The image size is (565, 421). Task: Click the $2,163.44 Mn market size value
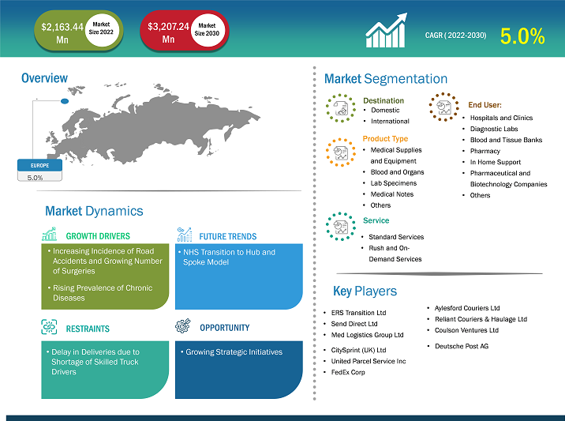click(x=62, y=33)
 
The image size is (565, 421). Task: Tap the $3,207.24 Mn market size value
click(x=168, y=32)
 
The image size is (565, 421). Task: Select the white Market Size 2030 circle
click(x=207, y=29)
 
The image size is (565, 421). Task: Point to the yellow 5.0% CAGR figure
click(x=522, y=36)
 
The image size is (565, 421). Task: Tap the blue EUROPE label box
click(x=39, y=165)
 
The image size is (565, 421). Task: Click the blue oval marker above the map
click(x=65, y=101)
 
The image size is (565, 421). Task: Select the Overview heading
click(x=44, y=78)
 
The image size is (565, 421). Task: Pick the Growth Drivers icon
click(x=50, y=234)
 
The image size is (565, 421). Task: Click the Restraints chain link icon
click(x=49, y=327)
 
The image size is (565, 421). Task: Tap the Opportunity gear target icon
click(x=183, y=325)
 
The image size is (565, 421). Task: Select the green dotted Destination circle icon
click(x=341, y=108)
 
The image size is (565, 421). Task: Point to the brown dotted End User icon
click(x=444, y=107)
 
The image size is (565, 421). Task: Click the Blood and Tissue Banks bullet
click(x=506, y=140)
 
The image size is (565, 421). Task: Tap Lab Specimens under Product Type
click(x=394, y=183)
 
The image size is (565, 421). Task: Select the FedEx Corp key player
click(x=348, y=372)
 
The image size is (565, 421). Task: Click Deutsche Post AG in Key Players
click(x=462, y=346)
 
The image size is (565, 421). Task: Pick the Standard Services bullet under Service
click(x=396, y=237)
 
